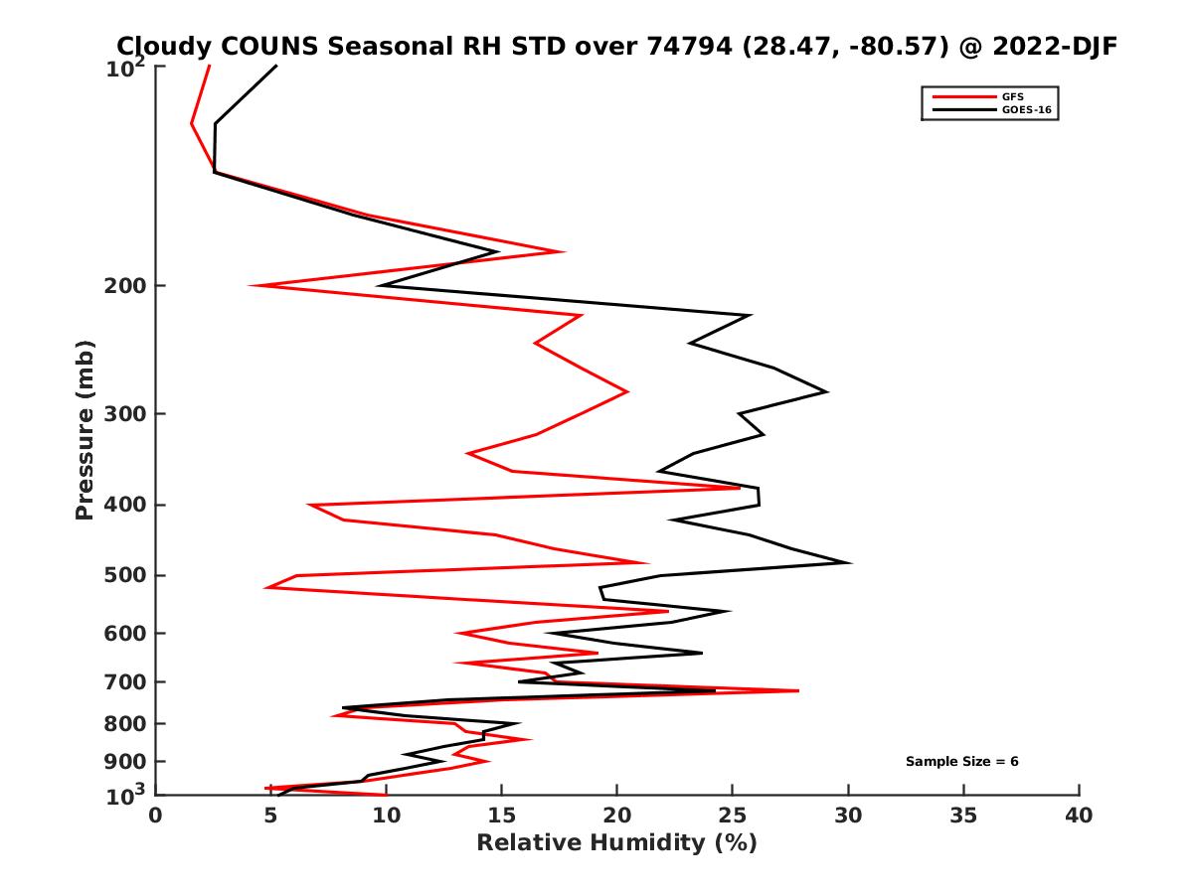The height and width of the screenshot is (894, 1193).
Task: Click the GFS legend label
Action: (1014, 96)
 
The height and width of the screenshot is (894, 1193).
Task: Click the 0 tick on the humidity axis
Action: (156, 816)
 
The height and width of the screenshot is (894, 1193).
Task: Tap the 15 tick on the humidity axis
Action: (502, 816)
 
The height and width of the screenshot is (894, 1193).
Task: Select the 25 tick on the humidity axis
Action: (733, 816)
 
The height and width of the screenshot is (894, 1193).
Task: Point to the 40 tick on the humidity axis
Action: (1079, 816)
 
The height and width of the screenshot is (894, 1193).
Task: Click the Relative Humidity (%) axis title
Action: (616, 843)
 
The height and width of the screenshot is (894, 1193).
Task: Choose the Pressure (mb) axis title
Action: (85, 429)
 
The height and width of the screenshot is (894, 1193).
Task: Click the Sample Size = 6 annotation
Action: (961, 762)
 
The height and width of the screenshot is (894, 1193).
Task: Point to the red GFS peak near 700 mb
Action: (797, 690)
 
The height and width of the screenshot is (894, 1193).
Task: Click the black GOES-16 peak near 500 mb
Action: (849, 563)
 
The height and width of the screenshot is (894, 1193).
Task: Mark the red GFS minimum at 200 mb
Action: (252, 286)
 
